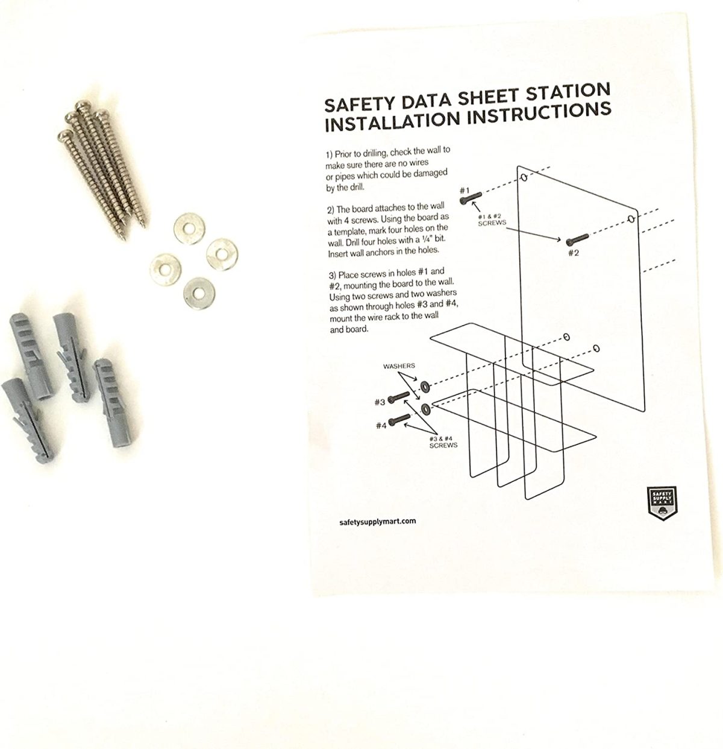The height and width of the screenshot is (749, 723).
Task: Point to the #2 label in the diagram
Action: point(573,253)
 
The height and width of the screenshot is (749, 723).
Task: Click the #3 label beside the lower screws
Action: point(380,402)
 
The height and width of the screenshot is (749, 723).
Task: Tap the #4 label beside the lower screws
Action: point(381,425)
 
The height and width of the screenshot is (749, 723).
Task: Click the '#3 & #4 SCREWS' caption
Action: point(443,442)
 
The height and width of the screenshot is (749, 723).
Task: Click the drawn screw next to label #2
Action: point(577,239)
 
